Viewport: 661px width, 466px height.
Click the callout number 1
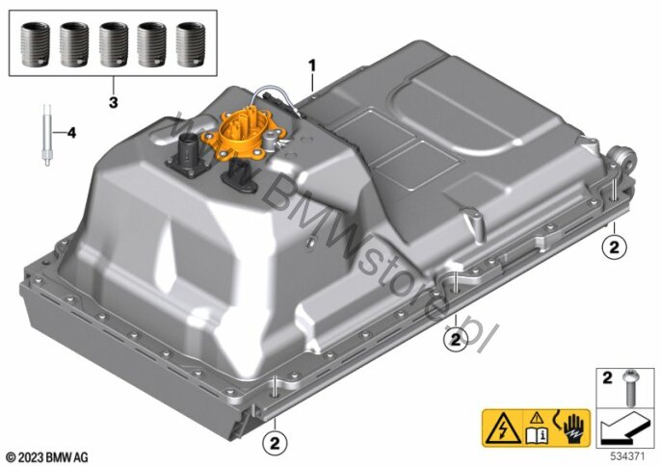311,65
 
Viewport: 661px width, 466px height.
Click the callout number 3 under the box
113,102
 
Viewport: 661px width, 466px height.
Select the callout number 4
71,133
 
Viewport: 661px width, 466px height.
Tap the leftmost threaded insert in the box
35,44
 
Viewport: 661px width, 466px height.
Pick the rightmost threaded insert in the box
190,44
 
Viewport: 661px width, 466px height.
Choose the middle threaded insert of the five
114,44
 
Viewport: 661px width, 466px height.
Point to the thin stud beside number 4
47,135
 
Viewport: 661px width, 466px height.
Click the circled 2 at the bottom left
275,443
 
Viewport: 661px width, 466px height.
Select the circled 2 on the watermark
456,339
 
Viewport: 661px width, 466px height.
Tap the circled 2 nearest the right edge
614,246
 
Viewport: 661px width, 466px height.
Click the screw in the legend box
630,387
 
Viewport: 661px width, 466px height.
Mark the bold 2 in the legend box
607,377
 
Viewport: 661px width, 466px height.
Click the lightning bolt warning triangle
502,428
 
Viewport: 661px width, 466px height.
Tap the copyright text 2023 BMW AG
47,456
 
